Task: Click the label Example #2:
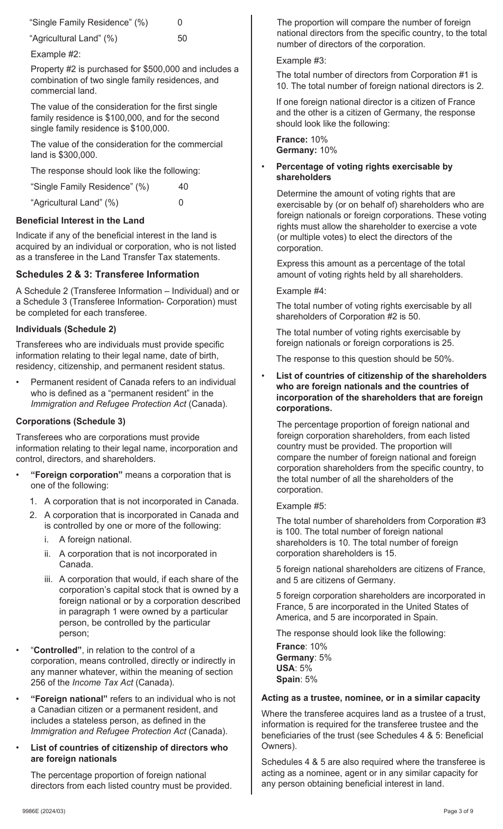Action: coord(56,54)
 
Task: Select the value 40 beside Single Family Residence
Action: coord(183,186)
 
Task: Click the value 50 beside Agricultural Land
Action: coord(182,38)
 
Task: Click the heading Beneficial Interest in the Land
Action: coord(80,220)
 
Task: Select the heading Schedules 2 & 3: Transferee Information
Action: coord(107,274)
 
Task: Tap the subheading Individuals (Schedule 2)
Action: coord(66,329)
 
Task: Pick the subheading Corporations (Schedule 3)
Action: coord(70,421)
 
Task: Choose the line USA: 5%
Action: coord(294,668)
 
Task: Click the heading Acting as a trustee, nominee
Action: coord(371,698)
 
